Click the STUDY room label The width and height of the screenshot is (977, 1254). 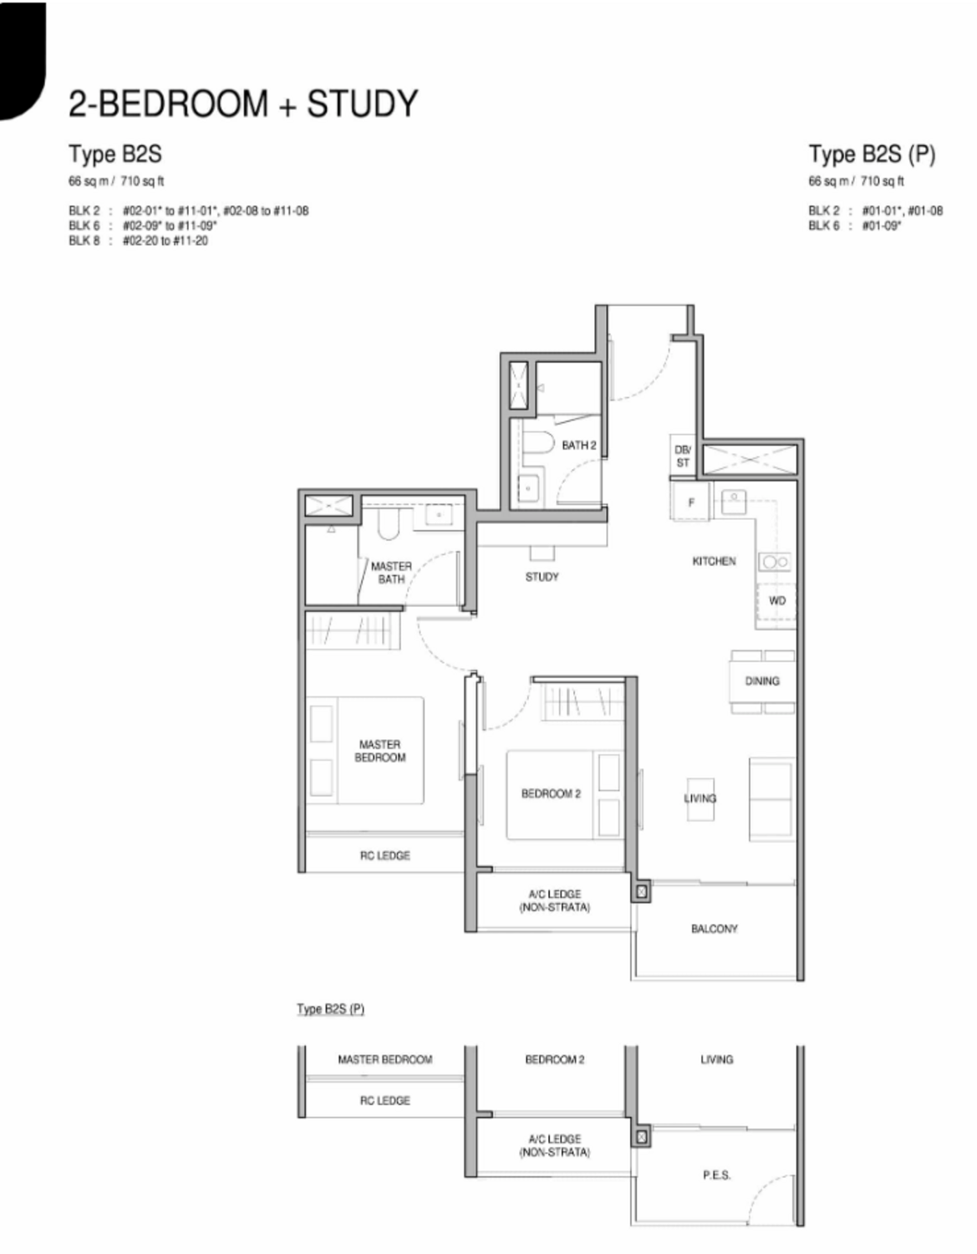coord(542,577)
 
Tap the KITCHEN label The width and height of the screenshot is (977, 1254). coord(714,561)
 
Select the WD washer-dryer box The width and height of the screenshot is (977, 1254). coord(777,601)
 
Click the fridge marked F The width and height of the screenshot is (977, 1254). coord(691,502)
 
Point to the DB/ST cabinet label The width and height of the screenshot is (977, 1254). coord(683,456)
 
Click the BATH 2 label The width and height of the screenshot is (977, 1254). coord(579,445)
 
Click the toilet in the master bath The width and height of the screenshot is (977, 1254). coord(388,522)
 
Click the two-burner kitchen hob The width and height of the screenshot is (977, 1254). coord(775,562)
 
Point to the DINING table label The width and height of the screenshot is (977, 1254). coord(762,681)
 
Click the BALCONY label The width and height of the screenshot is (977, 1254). coord(714,929)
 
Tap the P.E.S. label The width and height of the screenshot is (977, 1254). coord(716,1175)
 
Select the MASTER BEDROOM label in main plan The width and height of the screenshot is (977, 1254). coord(379,751)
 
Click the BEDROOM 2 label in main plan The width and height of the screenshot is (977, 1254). coord(551,793)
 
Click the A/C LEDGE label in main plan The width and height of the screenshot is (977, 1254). coord(554,901)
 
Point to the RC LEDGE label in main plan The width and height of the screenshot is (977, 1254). coord(384,855)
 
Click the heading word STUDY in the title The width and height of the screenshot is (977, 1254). coord(362,104)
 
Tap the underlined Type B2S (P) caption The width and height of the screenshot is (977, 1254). coord(330,1009)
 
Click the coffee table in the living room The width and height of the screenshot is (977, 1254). coord(700,798)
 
